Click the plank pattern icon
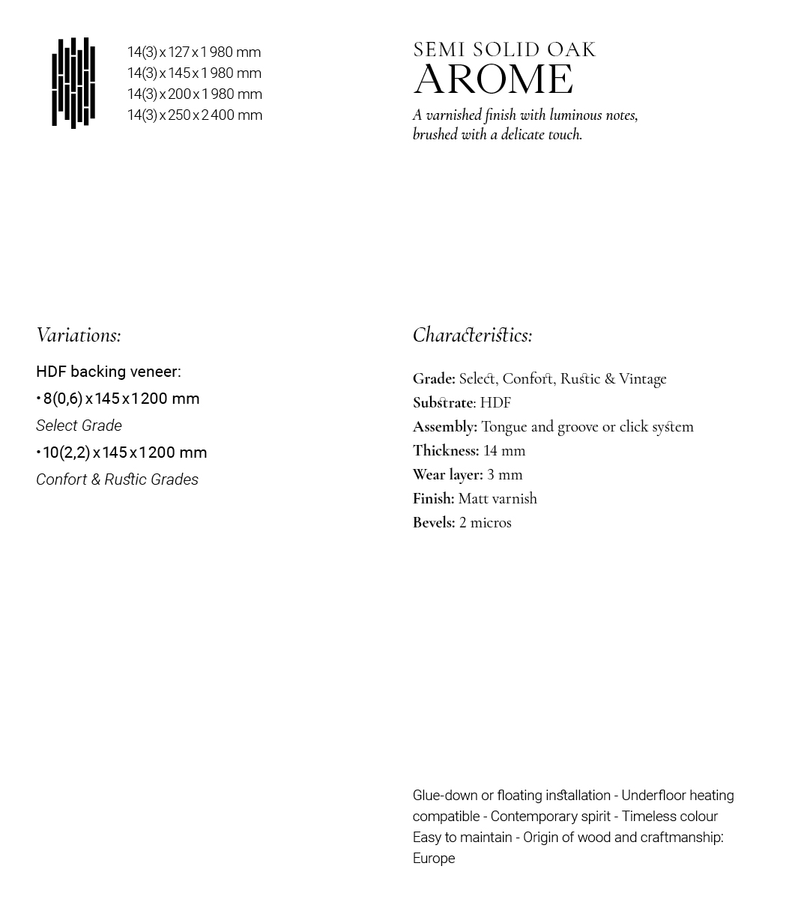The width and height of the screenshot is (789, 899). click(73, 82)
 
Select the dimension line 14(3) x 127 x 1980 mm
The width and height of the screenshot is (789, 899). click(194, 52)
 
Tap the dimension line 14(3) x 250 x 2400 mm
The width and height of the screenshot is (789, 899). click(195, 115)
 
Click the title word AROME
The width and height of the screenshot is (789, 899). click(494, 80)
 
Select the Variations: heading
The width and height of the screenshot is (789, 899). click(79, 335)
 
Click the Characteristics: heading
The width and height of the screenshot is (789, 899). click(473, 335)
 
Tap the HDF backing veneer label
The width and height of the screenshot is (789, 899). click(108, 372)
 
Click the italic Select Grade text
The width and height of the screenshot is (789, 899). click(79, 426)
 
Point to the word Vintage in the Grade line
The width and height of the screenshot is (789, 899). click(642, 379)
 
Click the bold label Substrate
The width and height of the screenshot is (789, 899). click(443, 403)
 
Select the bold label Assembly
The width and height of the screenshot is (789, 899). click(444, 427)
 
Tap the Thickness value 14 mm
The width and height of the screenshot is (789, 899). click(504, 451)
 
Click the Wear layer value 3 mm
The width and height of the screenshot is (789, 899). click(505, 475)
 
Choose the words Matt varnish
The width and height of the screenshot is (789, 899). click(498, 499)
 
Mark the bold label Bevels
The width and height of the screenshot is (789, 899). click(433, 523)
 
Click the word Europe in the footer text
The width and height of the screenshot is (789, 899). click(434, 859)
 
